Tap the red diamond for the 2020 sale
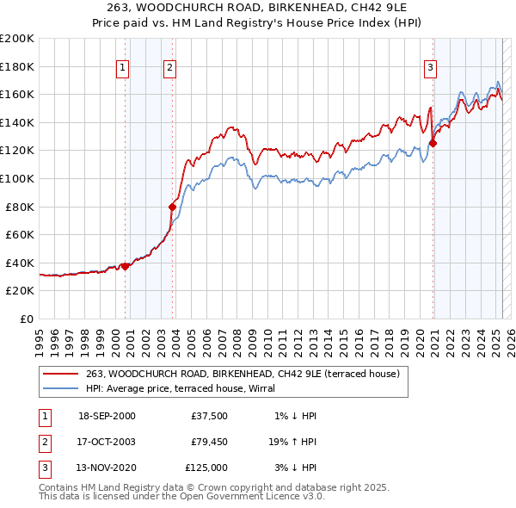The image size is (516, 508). pos(433,144)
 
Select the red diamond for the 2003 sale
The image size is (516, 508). pos(172,207)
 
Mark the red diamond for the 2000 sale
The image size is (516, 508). pos(125,266)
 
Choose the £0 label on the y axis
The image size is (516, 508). pos(26,319)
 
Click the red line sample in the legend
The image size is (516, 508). pos(60,374)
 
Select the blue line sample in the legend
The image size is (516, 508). pos(60,388)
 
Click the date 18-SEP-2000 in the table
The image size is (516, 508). pos(107,416)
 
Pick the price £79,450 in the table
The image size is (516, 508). pos(210,442)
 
